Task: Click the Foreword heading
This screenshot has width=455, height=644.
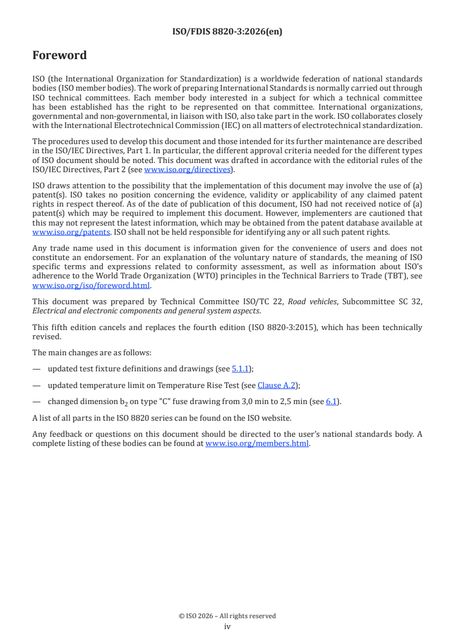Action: click(60, 56)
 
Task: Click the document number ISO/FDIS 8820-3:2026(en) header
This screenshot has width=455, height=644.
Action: click(227, 32)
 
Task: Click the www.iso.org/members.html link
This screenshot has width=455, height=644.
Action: click(257, 443)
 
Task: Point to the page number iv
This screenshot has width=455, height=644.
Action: click(227, 627)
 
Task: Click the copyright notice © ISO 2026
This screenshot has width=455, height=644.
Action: click(227, 616)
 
